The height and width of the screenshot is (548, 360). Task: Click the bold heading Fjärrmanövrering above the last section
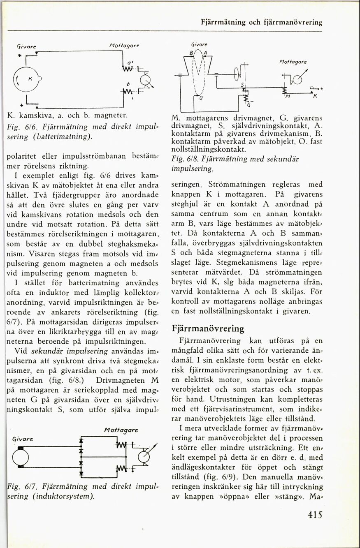pyautogui.click(x=208, y=329)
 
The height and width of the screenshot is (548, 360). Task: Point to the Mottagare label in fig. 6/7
pyautogui.click(x=121, y=430)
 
